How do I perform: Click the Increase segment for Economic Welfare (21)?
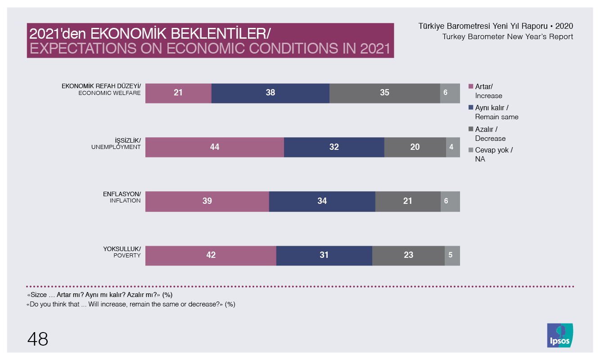point(178,93)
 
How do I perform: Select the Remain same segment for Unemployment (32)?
point(334,147)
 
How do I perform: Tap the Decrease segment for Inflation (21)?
point(408,201)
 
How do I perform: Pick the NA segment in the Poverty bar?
point(452,255)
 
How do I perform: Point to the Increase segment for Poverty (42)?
point(211,255)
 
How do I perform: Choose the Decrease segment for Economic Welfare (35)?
point(384,93)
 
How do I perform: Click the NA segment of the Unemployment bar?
point(453,147)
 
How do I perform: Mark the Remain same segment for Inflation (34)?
point(322,201)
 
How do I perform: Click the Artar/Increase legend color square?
point(471,86)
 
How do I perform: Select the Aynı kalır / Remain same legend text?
point(496,112)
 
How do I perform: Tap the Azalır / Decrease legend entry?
point(490,134)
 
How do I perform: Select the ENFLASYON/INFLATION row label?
point(122,197)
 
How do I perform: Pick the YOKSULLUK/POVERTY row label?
point(122,252)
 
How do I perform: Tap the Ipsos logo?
point(560,336)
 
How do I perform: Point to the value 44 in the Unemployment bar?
point(215,147)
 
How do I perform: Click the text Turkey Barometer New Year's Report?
point(508,36)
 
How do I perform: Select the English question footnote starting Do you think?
point(131,304)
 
